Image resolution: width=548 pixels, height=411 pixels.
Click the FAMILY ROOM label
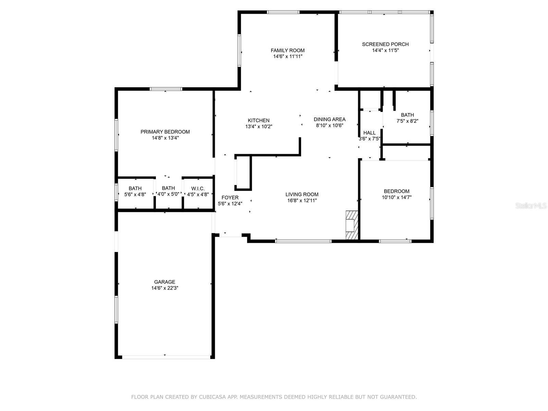pos(287,50)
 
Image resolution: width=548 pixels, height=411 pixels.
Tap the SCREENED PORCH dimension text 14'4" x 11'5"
pos(385,50)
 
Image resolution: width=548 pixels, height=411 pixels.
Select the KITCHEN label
pos(259,120)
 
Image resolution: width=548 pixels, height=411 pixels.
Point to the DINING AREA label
pos(329,119)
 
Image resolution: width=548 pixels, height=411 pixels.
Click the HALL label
pos(369,133)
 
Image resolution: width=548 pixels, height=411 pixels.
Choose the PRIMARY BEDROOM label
pos(165,132)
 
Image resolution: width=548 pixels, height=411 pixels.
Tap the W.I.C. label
pos(198,188)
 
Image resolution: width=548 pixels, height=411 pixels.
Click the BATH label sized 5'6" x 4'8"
pos(135,188)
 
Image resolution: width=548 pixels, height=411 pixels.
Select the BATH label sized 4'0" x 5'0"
pos(168,188)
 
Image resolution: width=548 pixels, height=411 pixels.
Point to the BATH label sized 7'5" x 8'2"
pos(407,115)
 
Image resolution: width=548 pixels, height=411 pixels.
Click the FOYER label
pos(230,198)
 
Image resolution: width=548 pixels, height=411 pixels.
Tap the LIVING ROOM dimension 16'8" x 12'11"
pos(302,200)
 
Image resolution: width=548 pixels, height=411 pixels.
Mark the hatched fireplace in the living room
pos(351,225)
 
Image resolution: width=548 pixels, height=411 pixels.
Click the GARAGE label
pos(164,282)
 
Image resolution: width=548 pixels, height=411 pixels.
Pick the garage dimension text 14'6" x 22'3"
pos(164,288)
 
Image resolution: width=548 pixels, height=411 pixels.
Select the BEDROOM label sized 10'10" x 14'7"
pos(396,191)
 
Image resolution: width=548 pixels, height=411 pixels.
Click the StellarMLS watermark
pos(531,206)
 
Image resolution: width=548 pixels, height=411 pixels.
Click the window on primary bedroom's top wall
pos(166,89)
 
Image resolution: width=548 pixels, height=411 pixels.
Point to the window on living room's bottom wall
pos(303,241)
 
